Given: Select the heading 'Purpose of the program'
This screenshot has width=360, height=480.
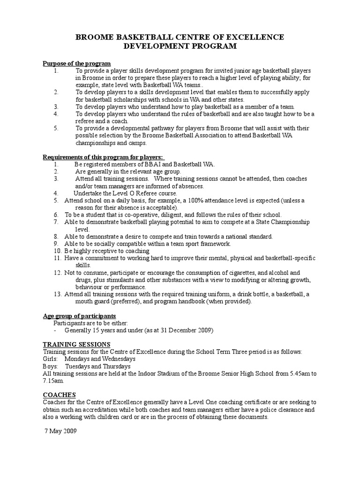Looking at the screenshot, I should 77,63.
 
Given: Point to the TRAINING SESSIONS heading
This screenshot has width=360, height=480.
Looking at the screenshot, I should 77,345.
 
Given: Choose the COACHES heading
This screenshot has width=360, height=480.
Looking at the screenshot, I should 59,395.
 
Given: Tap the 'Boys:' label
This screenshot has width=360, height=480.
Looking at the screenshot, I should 50,366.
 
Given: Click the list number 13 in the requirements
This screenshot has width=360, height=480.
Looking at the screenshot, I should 58,294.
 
